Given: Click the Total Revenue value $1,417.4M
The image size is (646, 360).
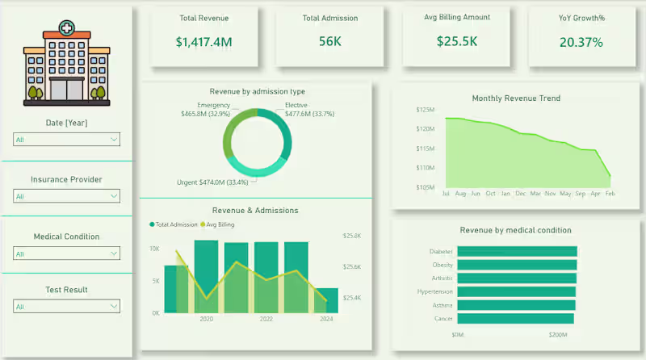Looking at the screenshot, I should point(203,42).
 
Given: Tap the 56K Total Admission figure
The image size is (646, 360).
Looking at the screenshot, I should point(329,42).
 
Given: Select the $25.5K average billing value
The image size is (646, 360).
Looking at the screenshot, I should point(456,41).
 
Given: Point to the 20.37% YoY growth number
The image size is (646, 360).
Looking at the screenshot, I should point(581,42).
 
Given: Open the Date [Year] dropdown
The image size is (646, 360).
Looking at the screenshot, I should point(66,140).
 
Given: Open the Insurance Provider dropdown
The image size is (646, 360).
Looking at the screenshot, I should point(66,196).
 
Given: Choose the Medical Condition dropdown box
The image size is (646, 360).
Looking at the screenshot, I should point(66,253).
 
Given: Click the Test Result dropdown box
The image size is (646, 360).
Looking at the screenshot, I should point(66,307).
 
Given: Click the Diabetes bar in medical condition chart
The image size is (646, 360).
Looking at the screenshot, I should point(516,251).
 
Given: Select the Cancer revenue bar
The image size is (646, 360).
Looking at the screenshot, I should point(514,319).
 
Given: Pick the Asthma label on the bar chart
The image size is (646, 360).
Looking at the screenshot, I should point(442,305).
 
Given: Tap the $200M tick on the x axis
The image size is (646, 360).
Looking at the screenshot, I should point(557,334).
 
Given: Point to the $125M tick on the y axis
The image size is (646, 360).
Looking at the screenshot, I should point(425,109).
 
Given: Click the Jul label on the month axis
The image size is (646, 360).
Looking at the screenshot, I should point(446,194).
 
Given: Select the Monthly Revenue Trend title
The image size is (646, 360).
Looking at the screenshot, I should point(516,98).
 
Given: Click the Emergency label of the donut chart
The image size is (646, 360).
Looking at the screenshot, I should point(213,105).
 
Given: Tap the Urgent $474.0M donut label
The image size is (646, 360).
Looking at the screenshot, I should point(212,182).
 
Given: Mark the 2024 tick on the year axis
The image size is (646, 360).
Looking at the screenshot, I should point(325,319).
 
